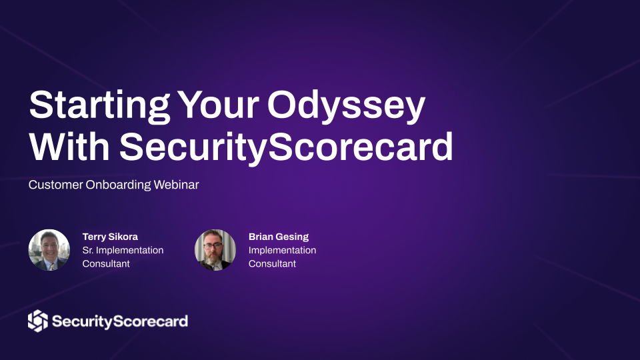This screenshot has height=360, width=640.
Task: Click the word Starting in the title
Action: (x=99, y=106)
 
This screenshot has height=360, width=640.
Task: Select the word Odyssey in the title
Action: (x=346, y=106)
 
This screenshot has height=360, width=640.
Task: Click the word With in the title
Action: (x=69, y=146)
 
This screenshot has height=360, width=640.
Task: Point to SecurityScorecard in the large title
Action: (x=286, y=147)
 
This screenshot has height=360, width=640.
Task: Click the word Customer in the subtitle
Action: (x=56, y=185)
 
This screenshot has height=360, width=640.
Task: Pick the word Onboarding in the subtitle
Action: (x=119, y=185)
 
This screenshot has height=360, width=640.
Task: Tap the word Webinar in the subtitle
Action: (x=176, y=185)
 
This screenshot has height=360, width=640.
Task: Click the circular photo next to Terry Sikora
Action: (x=49, y=250)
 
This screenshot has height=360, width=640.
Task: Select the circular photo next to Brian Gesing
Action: (x=215, y=250)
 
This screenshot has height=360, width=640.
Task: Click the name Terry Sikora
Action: (x=110, y=237)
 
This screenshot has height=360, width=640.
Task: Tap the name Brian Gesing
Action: (x=279, y=237)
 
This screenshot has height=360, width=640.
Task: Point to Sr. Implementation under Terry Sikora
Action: (x=123, y=250)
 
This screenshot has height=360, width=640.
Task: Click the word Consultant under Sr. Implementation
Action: (x=106, y=264)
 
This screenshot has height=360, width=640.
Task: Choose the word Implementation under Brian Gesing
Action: (x=283, y=250)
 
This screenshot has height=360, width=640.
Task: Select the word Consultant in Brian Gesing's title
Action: (x=272, y=264)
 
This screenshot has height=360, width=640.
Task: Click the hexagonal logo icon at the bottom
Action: (x=38, y=321)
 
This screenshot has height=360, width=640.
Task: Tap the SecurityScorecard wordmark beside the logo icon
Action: (x=120, y=321)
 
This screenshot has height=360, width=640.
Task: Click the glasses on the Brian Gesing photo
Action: (x=213, y=246)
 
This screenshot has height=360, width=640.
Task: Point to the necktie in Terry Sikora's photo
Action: (x=52, y=267)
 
